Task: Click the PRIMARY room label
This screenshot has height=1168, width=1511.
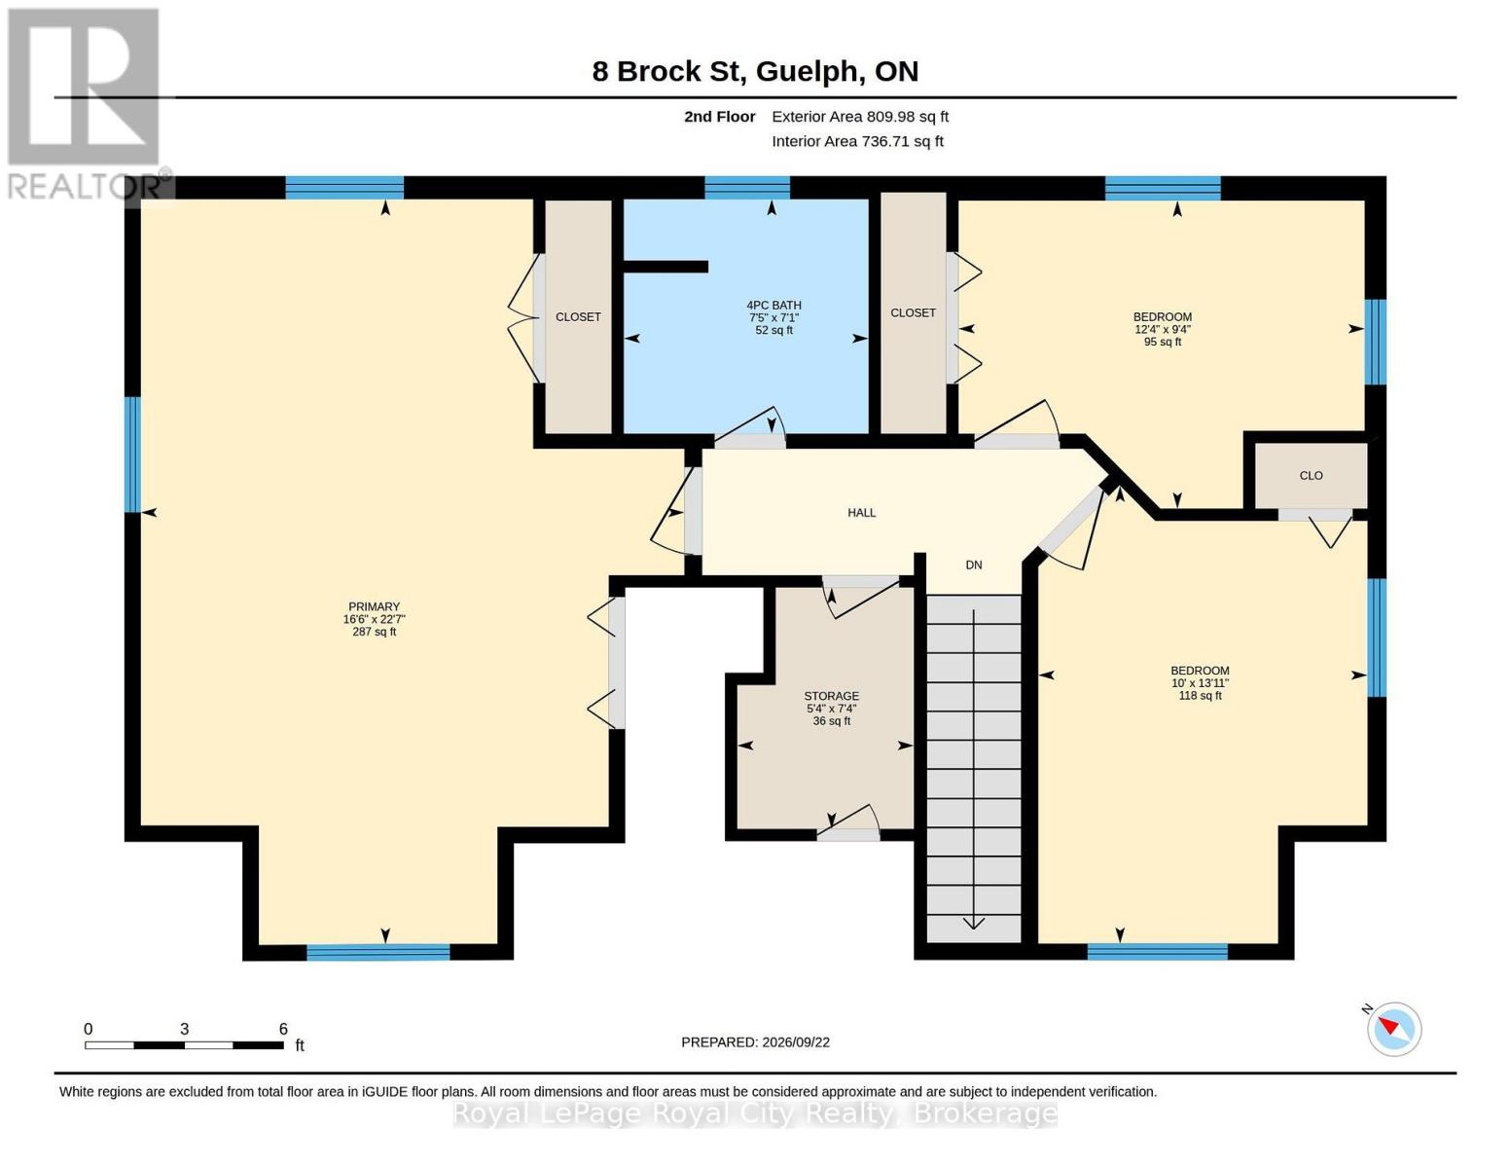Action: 374,606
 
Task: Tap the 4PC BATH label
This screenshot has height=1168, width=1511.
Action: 773,305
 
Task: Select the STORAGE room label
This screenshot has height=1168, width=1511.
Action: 832,696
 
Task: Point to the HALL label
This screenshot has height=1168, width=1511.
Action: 861,513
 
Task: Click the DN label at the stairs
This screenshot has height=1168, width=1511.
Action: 974,565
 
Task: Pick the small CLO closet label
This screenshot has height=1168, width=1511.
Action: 1311,476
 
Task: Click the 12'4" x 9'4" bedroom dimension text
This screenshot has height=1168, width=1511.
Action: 1163,330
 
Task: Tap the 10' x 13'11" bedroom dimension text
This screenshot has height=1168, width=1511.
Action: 1200,683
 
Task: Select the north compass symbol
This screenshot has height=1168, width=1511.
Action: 1393,1030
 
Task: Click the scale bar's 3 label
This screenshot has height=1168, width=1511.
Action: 184,1029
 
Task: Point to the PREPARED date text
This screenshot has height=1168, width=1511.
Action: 755,1042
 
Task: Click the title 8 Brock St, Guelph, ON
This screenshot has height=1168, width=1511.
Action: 755,72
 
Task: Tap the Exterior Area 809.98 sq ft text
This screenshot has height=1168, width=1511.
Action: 860,117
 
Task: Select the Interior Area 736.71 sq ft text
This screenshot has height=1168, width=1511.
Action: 857,141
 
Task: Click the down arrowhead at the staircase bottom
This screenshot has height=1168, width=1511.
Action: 974,923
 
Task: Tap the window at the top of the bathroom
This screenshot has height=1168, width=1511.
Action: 747,188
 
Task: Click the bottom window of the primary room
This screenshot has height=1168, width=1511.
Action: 378,952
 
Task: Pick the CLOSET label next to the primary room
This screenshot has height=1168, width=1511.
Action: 578,317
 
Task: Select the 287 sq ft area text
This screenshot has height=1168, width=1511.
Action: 374,632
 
